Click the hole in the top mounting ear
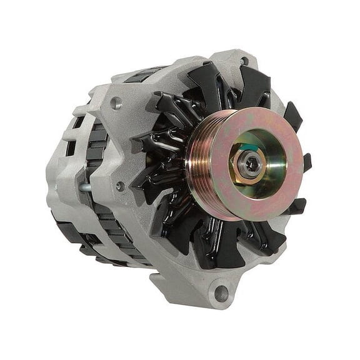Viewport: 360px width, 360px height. point(244,61)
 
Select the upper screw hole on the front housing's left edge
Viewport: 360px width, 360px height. point(116,104)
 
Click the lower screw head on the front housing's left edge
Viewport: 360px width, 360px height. point(119,186)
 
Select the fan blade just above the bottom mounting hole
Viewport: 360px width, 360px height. point(216,247)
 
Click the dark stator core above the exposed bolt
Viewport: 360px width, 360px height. point(96,150)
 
